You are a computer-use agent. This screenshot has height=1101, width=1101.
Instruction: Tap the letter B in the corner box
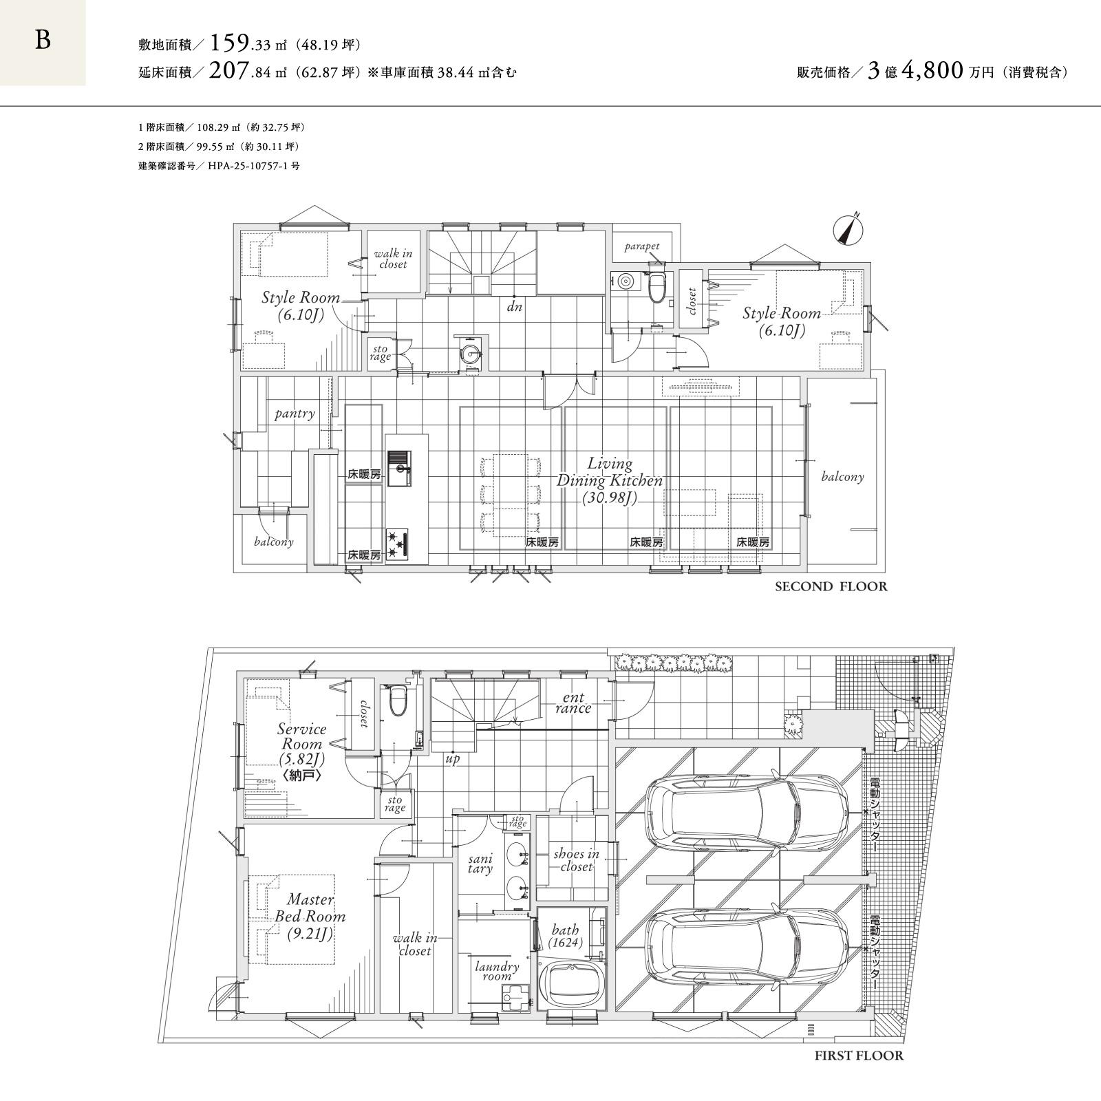[43, 41]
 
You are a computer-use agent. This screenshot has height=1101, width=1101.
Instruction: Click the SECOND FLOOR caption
[831, 586]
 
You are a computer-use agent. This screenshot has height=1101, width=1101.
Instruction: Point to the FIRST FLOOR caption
[859, 1056]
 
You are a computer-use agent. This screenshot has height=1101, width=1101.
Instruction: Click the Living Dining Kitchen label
[610, 480]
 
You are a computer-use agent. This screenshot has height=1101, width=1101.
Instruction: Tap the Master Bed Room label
[310, 917]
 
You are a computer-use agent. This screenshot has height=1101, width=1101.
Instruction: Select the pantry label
[295, 414]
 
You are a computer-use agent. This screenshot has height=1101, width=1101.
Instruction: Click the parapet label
[642, 246]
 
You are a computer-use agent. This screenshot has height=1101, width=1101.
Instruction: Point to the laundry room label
[497, 971]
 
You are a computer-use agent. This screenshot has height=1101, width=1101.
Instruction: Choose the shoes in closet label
[576, 860]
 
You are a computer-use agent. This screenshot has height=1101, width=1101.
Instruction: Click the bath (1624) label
[566, 937]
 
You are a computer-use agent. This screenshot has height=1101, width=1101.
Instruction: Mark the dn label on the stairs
[515, 307]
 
